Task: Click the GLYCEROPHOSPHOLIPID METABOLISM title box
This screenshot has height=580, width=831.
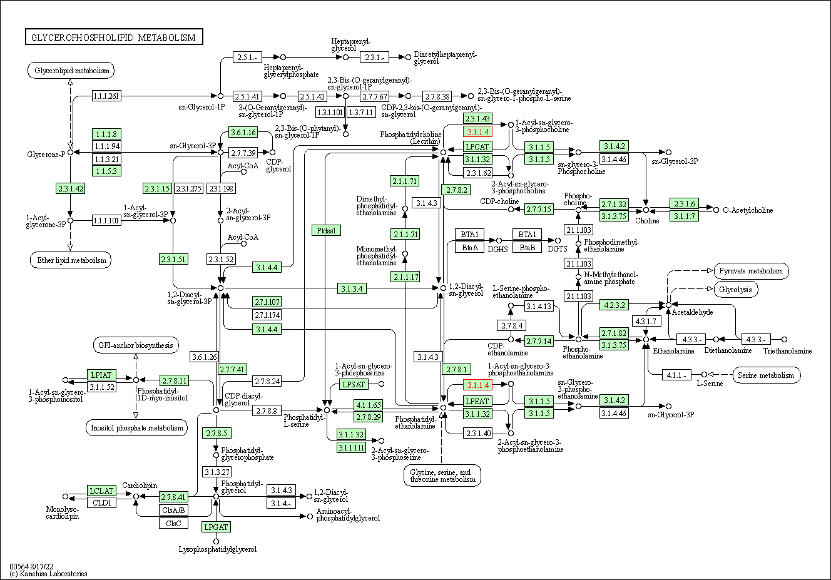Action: pyautogui.click(x=114, y=37)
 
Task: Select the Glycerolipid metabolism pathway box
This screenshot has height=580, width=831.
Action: pyautogui.click(x=71, y=71)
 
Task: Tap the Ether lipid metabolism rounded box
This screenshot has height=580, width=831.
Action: pyautogui.click(x=71, y=260)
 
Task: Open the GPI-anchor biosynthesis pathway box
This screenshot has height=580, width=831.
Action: pyautogui.click(x=136, y=345)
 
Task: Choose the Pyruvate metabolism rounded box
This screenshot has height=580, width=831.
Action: pyautogui.click(x=752, y=271)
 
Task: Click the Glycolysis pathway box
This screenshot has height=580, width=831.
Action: pyautogui.click(x=736, y=289)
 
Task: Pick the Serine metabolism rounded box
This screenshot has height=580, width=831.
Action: pyautogui.click(x=767, y=375)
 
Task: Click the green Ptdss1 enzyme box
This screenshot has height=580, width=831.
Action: pyautogui.click(x=326, y=230)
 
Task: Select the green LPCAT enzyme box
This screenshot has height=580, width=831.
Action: pyautogui.click(x=477, y=146)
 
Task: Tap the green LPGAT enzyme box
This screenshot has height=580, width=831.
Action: pyautogui.click(x=216, y=527)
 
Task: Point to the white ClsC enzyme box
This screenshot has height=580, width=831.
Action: pyautogui.click(x=173, y=523)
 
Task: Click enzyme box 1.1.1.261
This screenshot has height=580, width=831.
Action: pyautogui.click(x=106, y=96)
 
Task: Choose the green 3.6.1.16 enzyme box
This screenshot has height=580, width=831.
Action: pyautogui.click(x=243, y=132)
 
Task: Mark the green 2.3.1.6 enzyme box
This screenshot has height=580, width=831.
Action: pyautogui.click(x=685, y=203)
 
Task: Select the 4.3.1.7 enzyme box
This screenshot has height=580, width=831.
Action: pyautogui.click(x=646, y=321)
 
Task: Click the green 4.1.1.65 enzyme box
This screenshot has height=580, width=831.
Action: pyautogui.click(x=369, y=405)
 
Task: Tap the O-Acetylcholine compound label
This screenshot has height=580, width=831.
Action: pyautogui.click(x=748, y=210)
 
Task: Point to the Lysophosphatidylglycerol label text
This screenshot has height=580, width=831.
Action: pyautogui.click(x=217, y=549)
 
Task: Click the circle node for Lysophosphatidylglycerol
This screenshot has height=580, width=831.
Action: pyautogui.click(x=216, y=541)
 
